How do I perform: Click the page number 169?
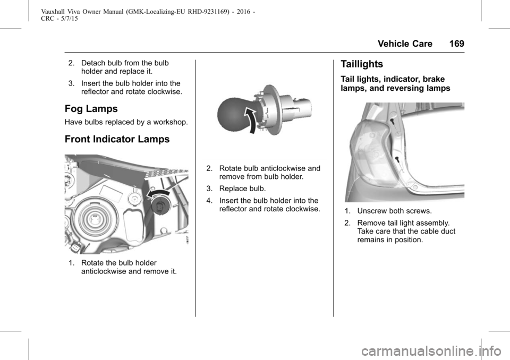click(x=457, y=44)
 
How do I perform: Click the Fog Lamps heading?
click(x=91, y=109)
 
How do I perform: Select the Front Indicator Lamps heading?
click(x=117, y=139)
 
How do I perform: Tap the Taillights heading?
click(x=362, y=64)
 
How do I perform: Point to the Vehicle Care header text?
click(x=405, y=44)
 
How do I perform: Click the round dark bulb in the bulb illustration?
click(x=233, y=113)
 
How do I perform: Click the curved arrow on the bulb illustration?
click(x=251, y=121)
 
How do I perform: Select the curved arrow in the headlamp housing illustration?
click(x=158, y=194)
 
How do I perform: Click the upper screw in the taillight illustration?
click(x=392, y=122)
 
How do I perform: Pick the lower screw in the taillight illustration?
click(x=397, y=159)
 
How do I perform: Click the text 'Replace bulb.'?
click(x=242, y=188)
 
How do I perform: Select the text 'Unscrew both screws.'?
click(x=395, y=211)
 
